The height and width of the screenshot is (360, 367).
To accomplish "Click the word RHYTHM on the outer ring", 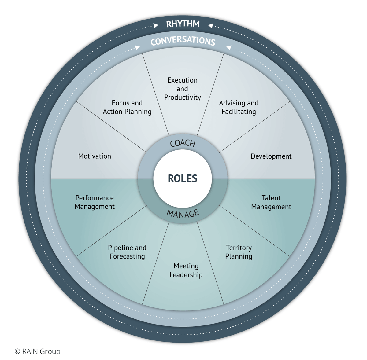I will [183, 24].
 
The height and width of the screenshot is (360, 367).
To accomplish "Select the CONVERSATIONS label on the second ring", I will [183, 41].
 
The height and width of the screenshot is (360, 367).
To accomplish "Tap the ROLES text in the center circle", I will [183, 178].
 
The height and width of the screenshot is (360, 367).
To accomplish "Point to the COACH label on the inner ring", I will [183, 143].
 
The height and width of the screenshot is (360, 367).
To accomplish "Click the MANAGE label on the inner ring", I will [183, 214].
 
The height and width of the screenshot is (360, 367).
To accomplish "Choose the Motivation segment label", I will [95, 156].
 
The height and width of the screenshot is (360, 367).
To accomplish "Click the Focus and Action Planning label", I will [127, 107].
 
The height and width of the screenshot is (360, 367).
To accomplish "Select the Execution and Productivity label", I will [183, 89].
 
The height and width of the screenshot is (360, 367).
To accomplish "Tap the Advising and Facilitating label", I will [239, 107].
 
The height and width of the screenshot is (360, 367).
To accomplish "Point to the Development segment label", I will [271, 156].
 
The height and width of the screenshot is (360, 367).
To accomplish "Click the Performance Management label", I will [95, 202].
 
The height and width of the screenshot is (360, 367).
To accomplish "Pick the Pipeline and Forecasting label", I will [127, 252].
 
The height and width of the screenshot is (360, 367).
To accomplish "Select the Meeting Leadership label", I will [186, 270].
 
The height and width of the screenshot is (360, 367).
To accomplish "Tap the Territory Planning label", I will [239, 252].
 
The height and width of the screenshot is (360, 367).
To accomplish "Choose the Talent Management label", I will [271, 202].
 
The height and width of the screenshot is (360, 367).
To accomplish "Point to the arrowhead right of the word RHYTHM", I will [210, 26].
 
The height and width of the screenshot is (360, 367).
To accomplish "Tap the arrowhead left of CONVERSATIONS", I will [138, 47].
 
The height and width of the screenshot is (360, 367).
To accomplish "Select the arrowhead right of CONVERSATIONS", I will [228, 47].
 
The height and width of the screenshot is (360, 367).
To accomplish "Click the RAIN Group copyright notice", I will [37, 351].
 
